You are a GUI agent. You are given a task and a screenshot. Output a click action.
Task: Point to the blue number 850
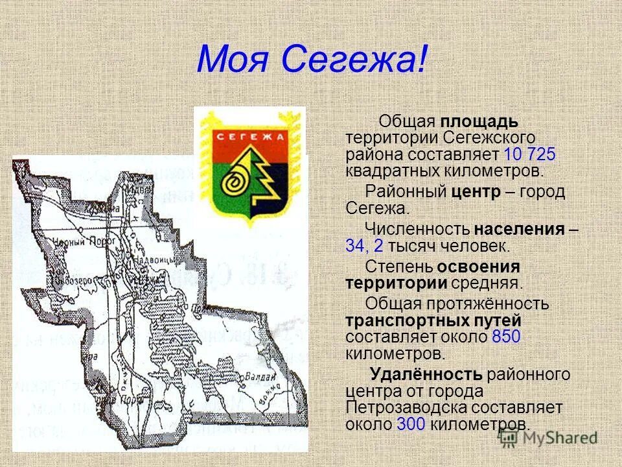[507, 337]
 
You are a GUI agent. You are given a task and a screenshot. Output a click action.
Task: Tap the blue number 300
[411, 424]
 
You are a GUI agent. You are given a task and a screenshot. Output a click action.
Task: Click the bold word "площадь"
[479, 122]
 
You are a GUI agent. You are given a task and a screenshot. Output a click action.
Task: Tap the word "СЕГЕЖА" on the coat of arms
[250, 138]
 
